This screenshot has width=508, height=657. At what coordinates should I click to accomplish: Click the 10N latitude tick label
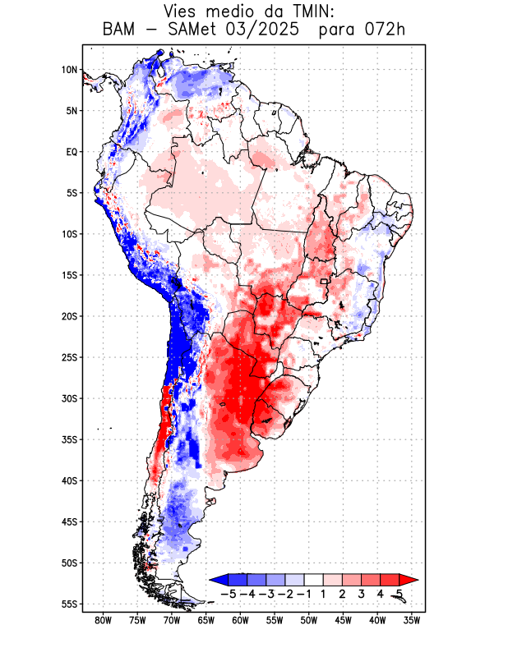(69, 70)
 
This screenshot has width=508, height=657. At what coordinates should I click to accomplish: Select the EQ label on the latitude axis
(72, 152)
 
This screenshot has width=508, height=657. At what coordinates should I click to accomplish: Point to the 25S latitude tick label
(69, 357)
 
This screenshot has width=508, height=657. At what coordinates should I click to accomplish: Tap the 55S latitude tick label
(69, 604)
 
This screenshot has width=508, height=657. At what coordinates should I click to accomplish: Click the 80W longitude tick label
(103, 620)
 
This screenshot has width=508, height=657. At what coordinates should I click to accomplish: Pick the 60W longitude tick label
(240, 620)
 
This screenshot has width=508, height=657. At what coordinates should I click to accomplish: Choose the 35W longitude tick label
(412, 620)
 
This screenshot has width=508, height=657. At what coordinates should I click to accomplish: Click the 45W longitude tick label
(343, 620)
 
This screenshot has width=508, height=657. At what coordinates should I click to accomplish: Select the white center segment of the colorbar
(312, 579)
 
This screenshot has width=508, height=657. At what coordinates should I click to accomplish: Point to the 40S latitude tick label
(69, 480)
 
